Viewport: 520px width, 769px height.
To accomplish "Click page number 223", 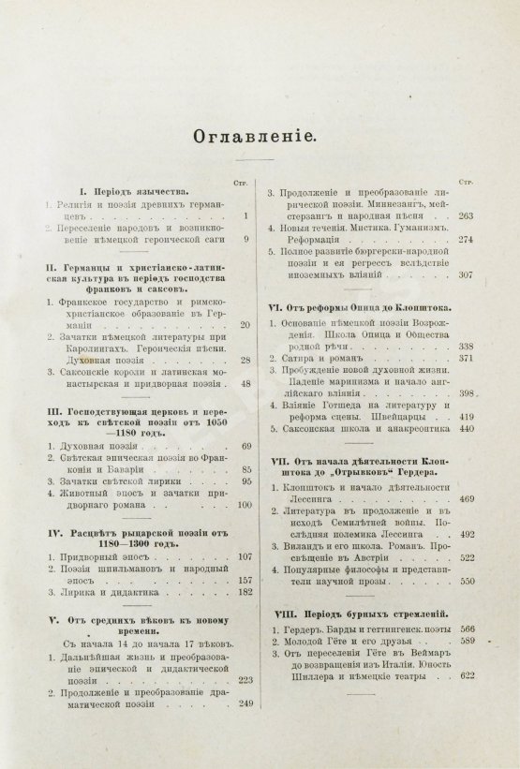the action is tap(248, 679).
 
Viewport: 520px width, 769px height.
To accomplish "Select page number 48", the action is tap(247, 383).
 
